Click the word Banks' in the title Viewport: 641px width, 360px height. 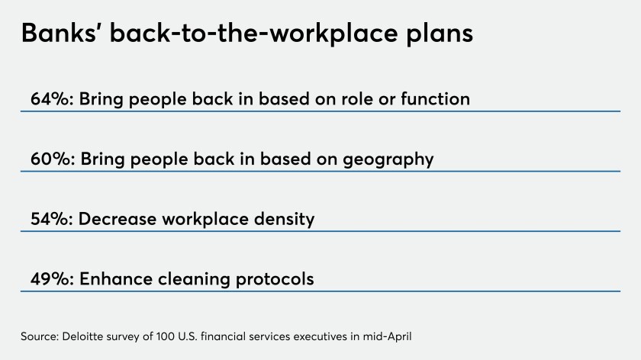58,33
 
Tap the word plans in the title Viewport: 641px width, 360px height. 440,34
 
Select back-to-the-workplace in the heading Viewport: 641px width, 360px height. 253,33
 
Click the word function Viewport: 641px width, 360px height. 435,99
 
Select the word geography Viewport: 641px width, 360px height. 388,159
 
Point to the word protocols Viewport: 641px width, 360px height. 275,279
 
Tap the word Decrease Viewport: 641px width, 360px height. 118,219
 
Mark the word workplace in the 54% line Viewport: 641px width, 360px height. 205,220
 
